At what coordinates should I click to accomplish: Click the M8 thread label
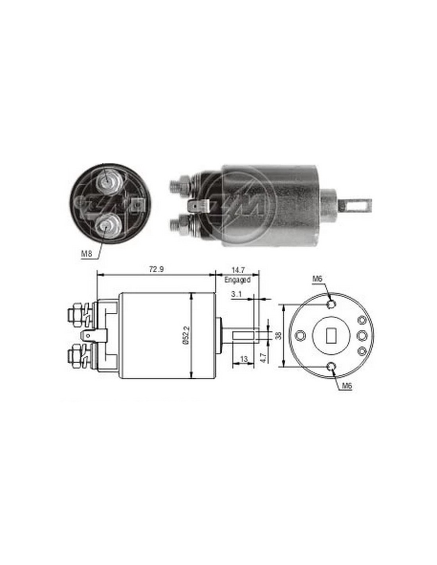pyautogui.click(x=87, y=254)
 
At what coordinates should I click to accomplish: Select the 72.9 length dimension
pyautogui.click(x=156, y=270)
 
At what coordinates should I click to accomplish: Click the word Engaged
pyautogui.click(x=237, y=280)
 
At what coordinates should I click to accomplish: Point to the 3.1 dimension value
pyautogui.click(x=236, y=294)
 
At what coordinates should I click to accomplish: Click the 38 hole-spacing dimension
pyautogui.click(x=279, y=336)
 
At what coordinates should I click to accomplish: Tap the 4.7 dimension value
pyautogui.click(x=263, y=358)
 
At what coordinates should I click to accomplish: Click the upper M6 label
pyautogui.click(x=317, y=279)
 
